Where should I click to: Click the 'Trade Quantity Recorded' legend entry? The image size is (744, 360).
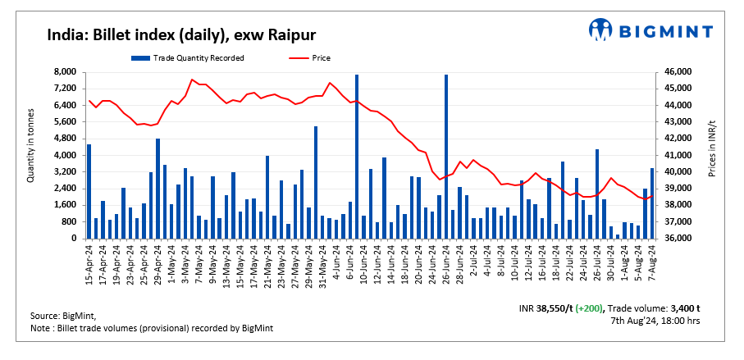[188, 57]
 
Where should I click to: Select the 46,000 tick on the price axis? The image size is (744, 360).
[678, 72]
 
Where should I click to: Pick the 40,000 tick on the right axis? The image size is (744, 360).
[678, 172]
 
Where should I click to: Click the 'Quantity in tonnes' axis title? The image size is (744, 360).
[31, 146]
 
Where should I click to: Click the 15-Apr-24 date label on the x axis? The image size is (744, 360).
[89, 263]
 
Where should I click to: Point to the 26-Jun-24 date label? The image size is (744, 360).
[445, 263]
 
